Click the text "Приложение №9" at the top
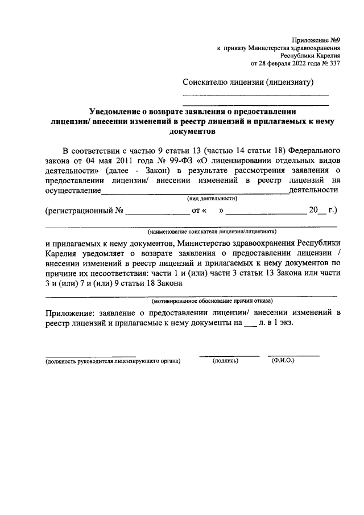(316, 41)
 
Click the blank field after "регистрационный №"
(157, 211)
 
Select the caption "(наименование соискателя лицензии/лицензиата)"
(212, 232)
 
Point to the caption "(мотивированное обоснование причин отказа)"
(212, 300)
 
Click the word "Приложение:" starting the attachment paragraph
(69, 312)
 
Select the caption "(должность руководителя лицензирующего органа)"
(113, 361)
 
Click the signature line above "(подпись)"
(229, 356)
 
